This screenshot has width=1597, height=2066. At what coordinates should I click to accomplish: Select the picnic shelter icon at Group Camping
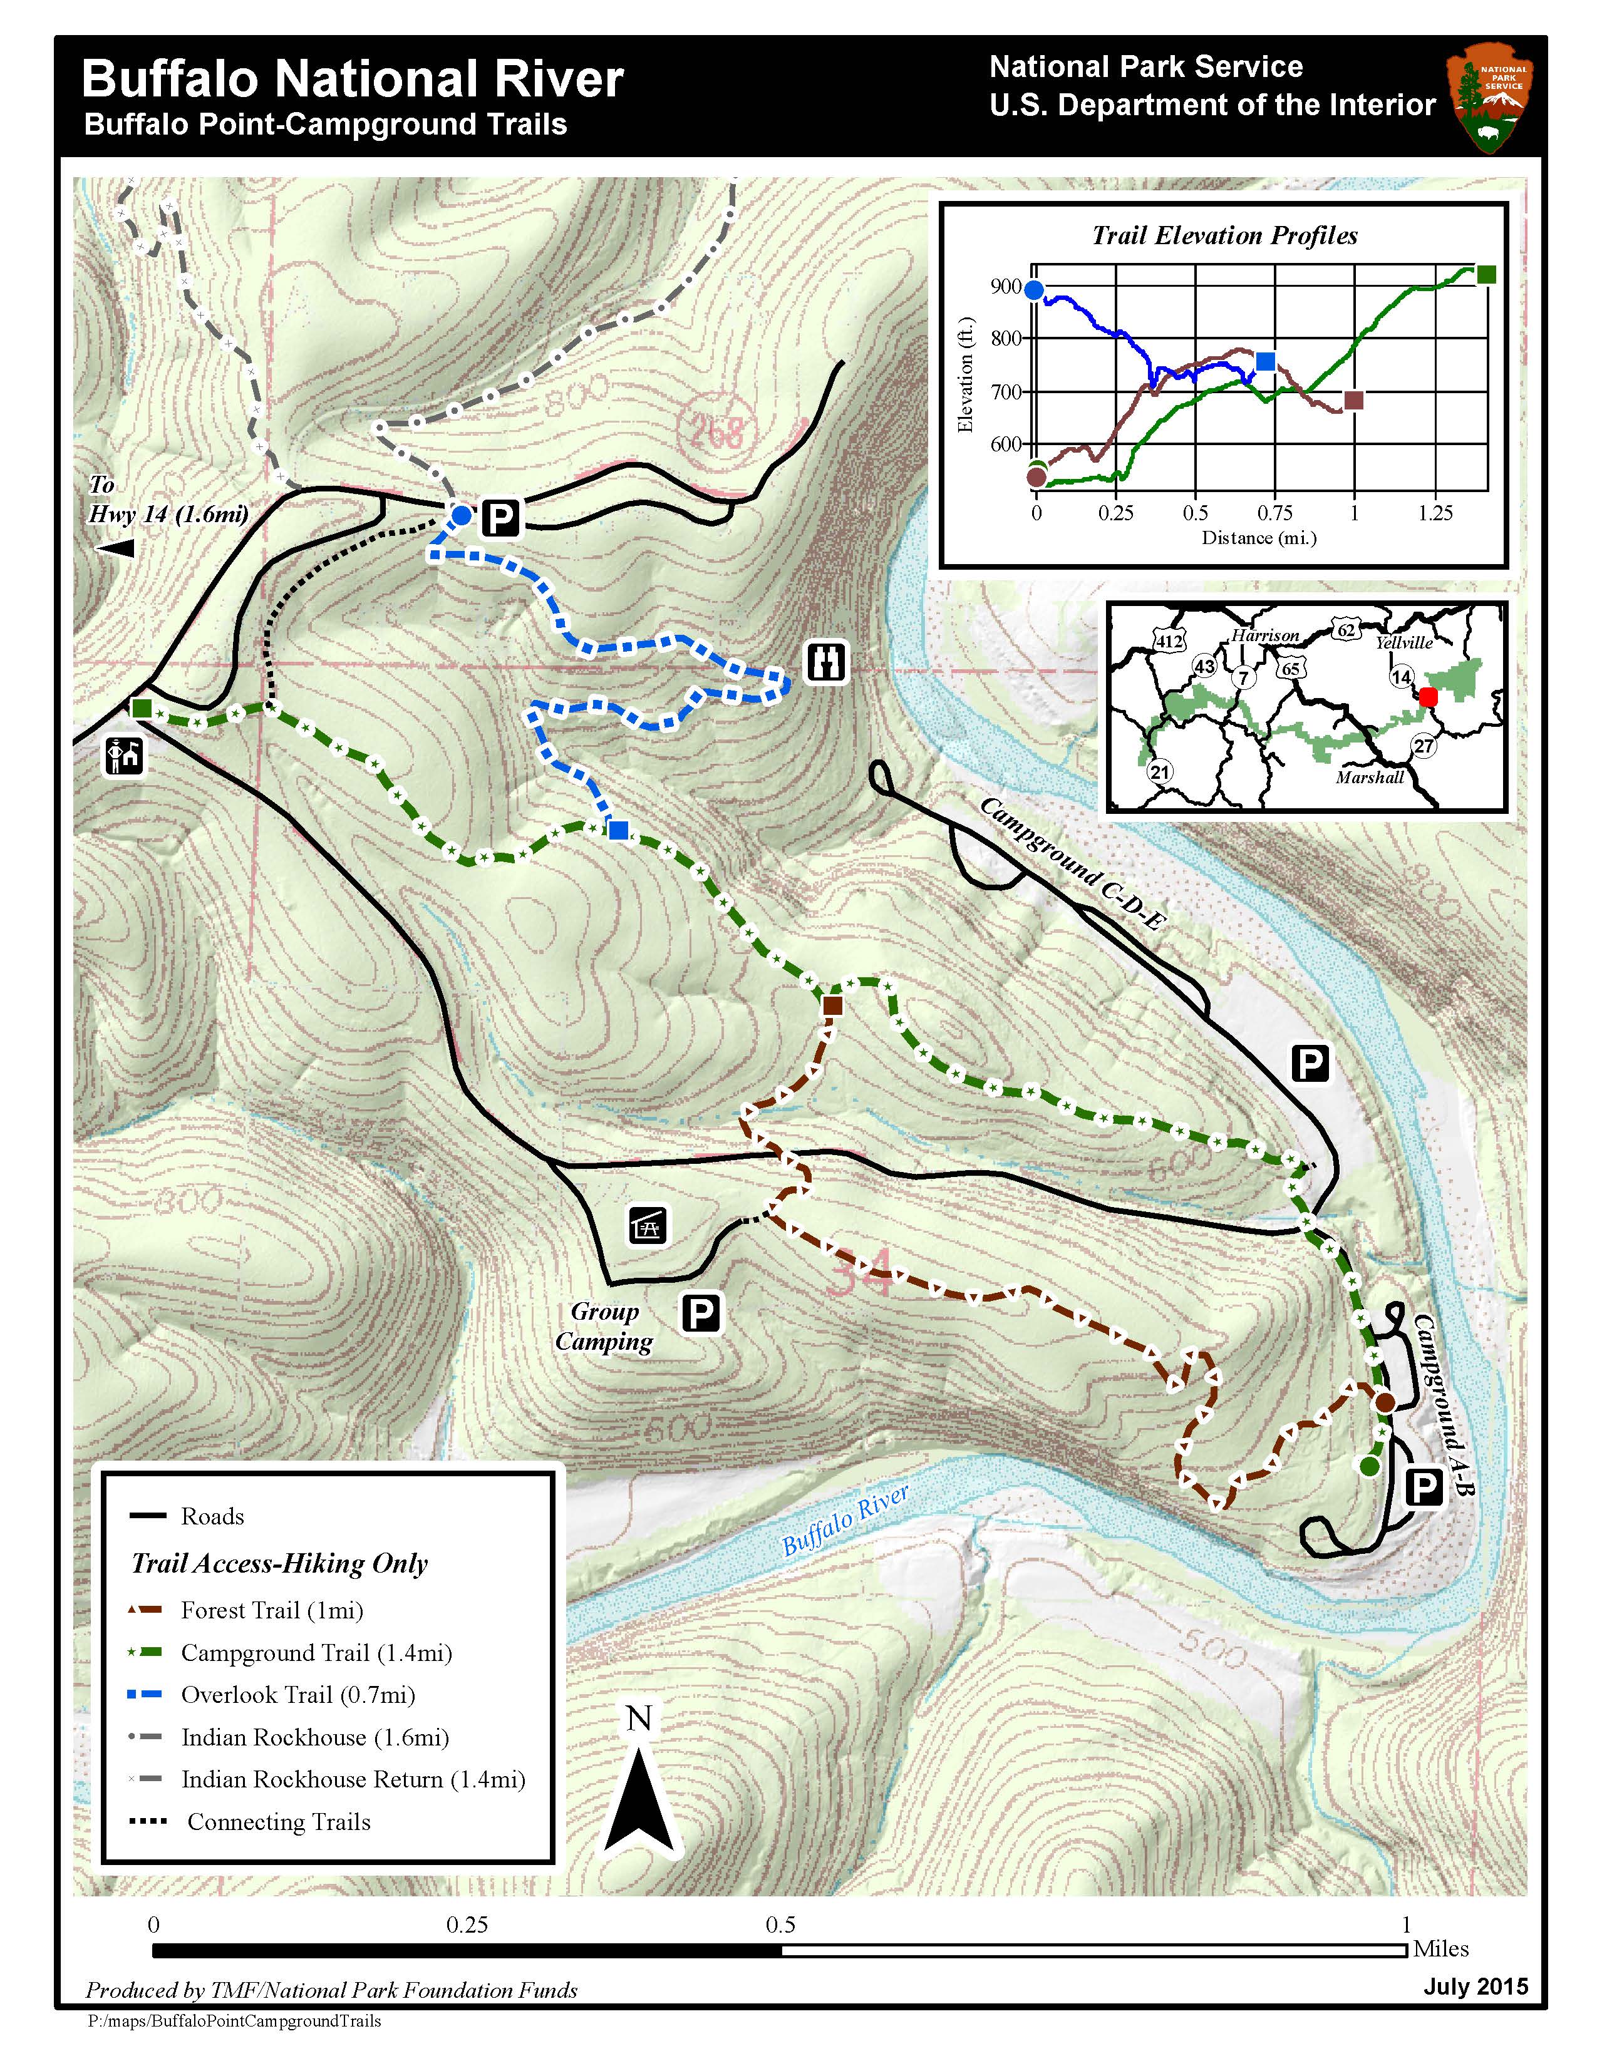[x=649, y=1225]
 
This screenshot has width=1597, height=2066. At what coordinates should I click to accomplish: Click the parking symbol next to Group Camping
[x=701, y=1313]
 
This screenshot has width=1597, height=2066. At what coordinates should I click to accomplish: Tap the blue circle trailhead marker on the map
[x=461, y=515]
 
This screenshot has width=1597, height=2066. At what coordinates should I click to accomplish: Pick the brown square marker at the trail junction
[x=832, y=1005]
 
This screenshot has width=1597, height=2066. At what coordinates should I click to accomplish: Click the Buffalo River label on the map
[x=845, y=1520]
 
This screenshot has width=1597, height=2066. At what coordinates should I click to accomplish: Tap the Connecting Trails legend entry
[x=278, y=1821]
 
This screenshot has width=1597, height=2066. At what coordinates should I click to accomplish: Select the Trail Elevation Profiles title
[x=1224, y=235]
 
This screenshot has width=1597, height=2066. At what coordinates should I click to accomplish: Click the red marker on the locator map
[x=1429, y=696]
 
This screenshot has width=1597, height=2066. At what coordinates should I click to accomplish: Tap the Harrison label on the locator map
[x=1265, y=635]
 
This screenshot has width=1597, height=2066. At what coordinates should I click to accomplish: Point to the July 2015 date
[x=1475, y=1986]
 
